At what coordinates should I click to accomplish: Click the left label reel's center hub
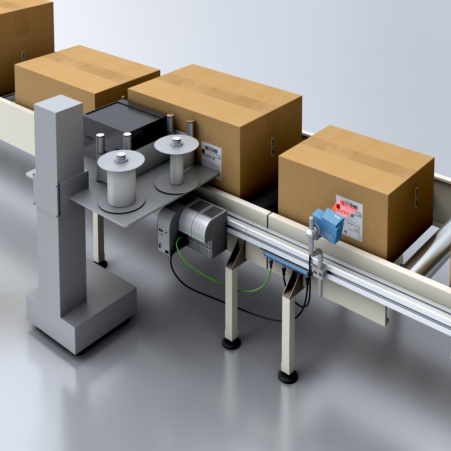121,157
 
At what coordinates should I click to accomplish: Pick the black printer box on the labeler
124,122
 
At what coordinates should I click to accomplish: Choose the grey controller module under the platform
198,225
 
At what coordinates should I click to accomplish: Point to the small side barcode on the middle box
272,147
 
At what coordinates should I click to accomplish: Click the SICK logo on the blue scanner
336,217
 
